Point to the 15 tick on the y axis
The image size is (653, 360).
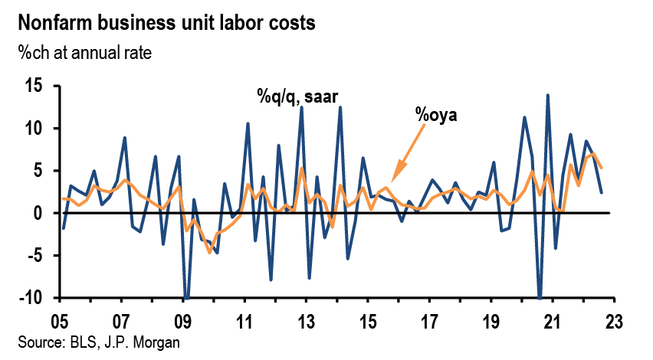[40, 86]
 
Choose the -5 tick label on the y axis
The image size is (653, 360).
[41, 255]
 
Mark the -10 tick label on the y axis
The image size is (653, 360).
[37, 298]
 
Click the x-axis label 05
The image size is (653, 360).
[61, 320]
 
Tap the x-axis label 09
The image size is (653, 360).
[184, 320]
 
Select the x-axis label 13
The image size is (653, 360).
[306, 320]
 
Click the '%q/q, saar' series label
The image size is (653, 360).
[297, 97]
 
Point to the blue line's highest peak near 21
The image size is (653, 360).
[548, 95]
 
